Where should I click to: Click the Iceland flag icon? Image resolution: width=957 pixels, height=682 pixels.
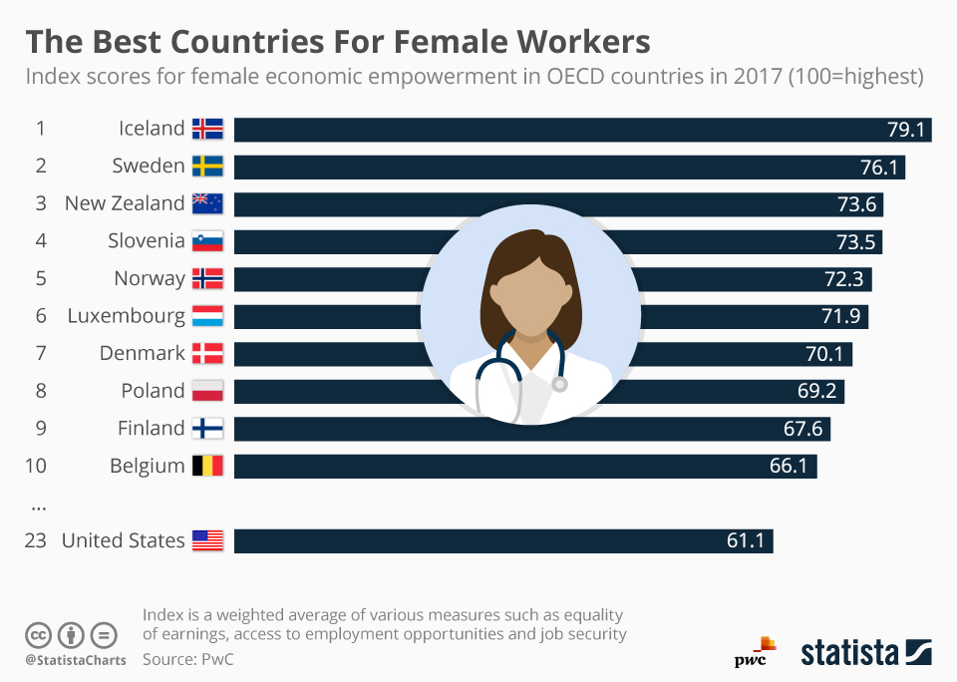coord(207,129)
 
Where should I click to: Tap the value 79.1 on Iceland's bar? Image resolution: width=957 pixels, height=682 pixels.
coord(906,130)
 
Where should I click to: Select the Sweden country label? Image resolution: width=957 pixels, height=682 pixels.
coord(148,166)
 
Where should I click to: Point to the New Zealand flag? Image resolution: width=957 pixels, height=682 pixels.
coord(207,203)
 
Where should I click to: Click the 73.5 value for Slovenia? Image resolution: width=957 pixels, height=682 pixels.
coord(857,242)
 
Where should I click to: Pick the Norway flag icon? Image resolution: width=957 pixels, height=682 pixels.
coord(207,278)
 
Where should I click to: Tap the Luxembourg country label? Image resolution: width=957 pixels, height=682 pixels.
coord(126,316)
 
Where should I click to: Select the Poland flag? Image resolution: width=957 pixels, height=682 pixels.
coord(207,391)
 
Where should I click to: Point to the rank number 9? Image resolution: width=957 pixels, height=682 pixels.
coord(41,429)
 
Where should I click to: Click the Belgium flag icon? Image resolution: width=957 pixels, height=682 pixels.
coord(207,466)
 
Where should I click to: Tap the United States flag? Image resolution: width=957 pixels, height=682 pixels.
coord(207,541)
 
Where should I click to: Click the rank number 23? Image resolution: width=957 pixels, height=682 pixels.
coord(36,541)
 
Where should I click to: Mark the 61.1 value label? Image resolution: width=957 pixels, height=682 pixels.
coord(746,541)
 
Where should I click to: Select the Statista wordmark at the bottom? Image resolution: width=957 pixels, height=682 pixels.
coord(849,654)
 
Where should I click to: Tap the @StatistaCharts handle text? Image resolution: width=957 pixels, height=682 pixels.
coord(75,660)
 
